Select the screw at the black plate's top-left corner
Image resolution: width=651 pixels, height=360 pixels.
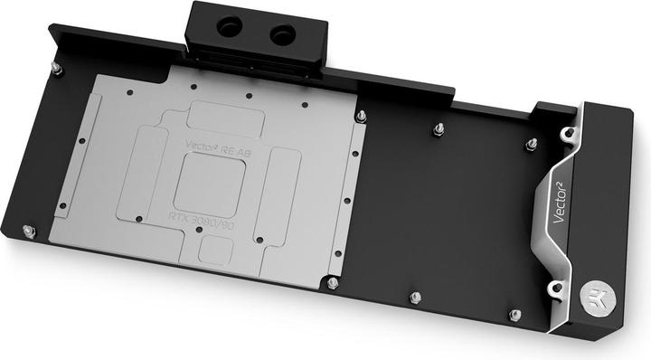click(56, 66)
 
